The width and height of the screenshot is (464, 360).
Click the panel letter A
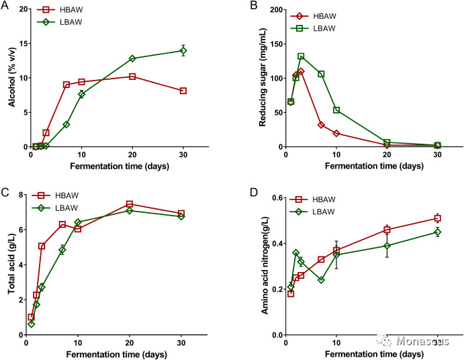point(5,5)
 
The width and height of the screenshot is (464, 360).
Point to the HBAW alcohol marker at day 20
point(132,77)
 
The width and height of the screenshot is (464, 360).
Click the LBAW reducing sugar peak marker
point(301,56)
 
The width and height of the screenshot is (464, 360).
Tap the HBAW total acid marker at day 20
point(130,204)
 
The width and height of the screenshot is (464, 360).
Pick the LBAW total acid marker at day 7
point(62,250)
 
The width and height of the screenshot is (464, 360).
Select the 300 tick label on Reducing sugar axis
point(272,9)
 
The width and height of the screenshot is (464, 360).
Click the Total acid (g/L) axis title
point(9,265)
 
